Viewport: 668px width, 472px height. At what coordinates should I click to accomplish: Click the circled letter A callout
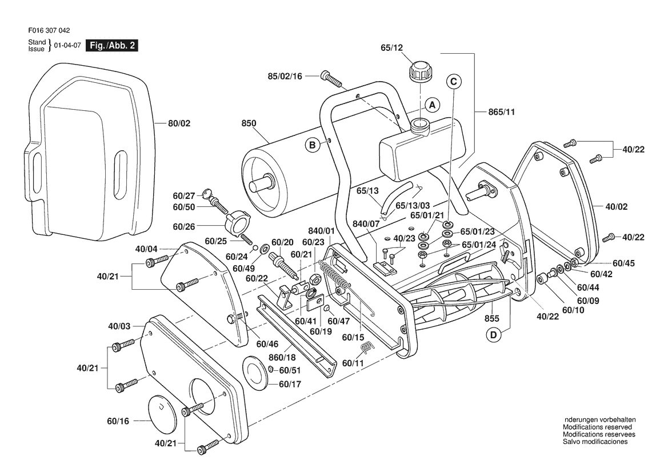coord(433,105)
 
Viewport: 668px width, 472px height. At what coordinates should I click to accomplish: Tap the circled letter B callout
coord(312,146)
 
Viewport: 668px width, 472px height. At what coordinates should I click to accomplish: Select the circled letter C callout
coord(454,81)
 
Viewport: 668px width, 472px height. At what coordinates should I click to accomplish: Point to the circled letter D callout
coord(493,335)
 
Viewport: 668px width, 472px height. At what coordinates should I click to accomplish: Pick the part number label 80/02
coord(179,123)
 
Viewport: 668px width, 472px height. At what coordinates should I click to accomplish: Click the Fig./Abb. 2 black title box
coord(112,46)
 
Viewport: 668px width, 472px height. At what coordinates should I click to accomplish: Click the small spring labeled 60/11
coord(366,347)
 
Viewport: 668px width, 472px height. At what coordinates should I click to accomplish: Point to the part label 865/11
coord(501,112)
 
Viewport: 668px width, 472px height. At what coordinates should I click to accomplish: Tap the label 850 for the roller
coord(249,123)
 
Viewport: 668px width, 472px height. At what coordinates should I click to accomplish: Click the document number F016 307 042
coord(49,31)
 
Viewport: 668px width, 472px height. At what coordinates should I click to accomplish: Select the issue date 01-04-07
coord(67,46)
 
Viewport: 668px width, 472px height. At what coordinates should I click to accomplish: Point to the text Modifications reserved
coord(597,427)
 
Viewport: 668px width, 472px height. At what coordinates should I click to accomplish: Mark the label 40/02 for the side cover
coord(617,207)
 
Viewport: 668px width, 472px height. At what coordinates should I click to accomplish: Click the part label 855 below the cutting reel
coord(491,319)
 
